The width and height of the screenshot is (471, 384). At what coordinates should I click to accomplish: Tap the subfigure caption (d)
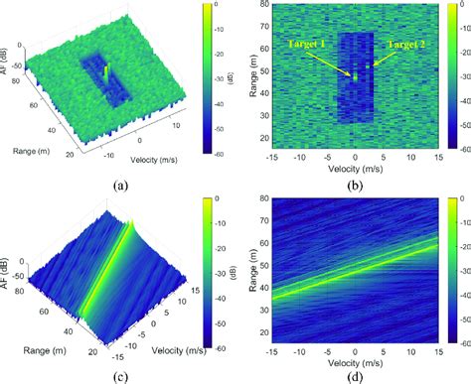pyautogui.click(x=356, y=373)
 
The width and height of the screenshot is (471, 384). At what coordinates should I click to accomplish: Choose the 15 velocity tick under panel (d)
pyautogui.click(x=440, y=340)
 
